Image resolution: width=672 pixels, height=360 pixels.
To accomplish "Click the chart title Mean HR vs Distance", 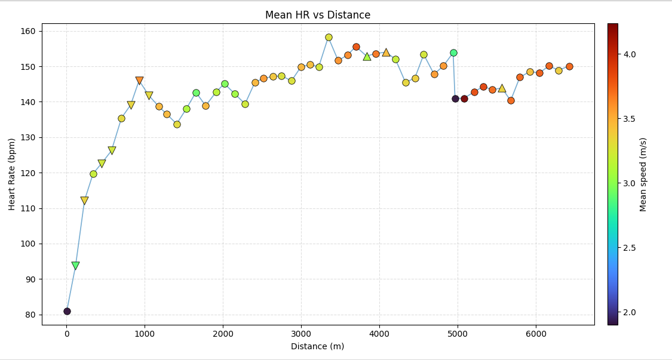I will [x=318, y=15].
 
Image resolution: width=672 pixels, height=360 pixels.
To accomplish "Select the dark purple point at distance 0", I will [x=67, y=311].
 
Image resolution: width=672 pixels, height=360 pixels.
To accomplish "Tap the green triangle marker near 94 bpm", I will [x=75, y=266].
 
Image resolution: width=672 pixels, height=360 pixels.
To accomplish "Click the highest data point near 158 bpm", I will [x=329, y=37].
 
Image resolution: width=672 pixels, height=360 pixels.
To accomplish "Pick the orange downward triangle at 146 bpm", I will [x=139, y=81].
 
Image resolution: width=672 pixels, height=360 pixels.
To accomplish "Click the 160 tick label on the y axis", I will [x=30, y=31].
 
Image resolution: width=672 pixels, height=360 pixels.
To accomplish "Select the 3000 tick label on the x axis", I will [x=301, y=334].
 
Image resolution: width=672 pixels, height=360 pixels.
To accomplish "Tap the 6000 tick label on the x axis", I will [x=535, y=334].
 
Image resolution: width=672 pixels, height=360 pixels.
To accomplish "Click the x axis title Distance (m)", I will [x=318, y=346].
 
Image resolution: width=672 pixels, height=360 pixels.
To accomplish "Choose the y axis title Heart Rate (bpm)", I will [x=12, y=174].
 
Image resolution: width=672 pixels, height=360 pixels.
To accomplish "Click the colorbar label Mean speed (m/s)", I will [x=643, y=174].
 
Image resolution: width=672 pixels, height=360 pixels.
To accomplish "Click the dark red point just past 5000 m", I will [x=464, y=99].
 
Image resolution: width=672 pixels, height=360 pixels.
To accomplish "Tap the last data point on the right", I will [x=569, y=66].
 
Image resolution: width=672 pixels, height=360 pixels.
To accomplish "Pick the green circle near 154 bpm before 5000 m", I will [x=453, y=53].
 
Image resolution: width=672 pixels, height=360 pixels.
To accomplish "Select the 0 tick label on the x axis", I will [x=67, y=334].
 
